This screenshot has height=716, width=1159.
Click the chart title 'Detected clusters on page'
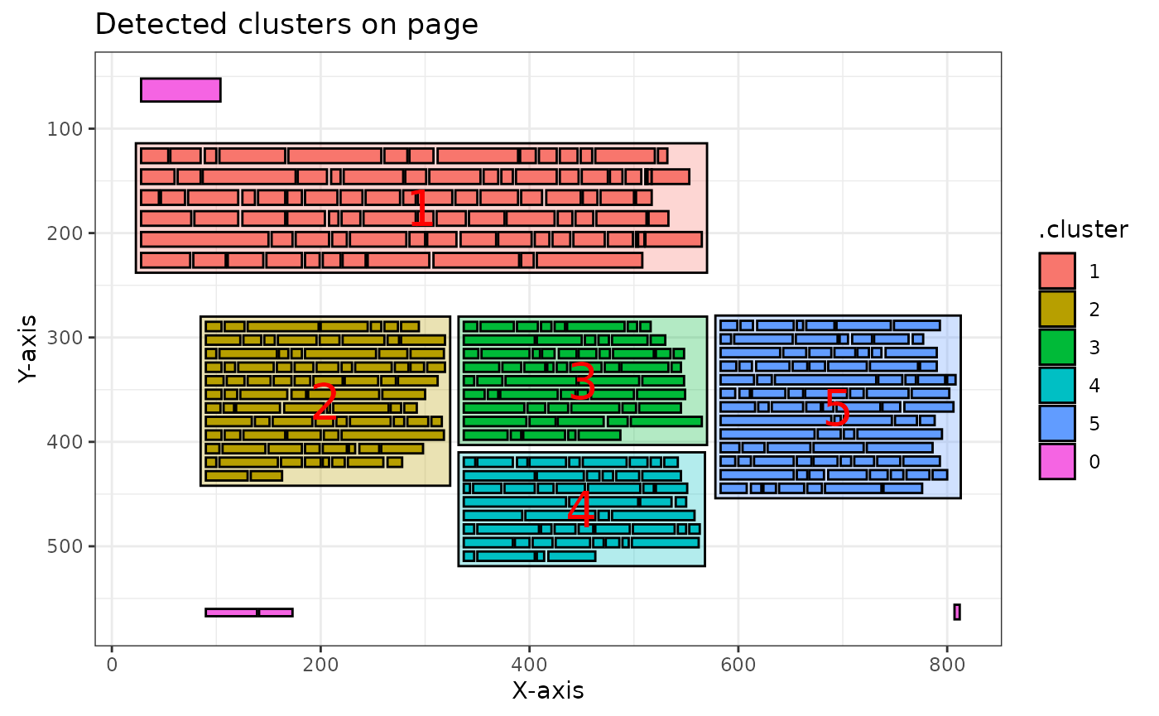click(286, 24)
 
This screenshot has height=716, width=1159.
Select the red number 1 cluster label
click(421, 208)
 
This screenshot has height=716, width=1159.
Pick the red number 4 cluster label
click(580, 508)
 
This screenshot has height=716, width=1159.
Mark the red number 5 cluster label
click(837, 407)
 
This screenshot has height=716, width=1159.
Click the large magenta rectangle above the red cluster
click(180, 90)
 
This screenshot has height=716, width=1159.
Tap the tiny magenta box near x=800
click(957, 612)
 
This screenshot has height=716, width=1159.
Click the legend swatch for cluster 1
click(1057, 271)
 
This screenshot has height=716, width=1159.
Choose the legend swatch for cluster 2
click(1057, 309)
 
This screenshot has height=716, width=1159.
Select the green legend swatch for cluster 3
click(1057, 347)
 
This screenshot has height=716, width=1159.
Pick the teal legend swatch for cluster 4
click(1057, 385)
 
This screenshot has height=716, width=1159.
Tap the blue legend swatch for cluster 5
click(1057, 423)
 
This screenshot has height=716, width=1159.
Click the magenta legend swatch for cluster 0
click(1057, 462)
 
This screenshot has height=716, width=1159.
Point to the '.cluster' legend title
click(1084, 230)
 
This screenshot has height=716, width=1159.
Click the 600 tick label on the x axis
click(738, 665)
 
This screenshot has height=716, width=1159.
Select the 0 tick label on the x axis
click(112, 665)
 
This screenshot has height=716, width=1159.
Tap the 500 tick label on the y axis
click(65, 546)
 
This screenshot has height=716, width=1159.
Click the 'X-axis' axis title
click(548, 690)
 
